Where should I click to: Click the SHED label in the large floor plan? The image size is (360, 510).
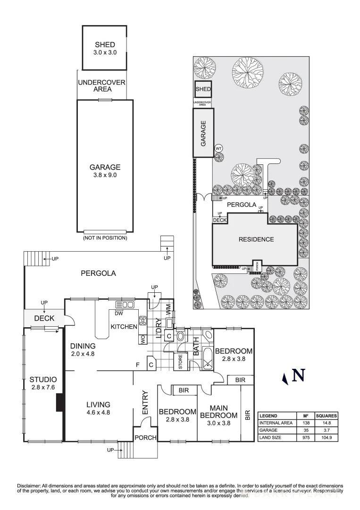pos(105,45)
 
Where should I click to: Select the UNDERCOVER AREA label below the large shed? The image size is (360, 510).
pos(101,85)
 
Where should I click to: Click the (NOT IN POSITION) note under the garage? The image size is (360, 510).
pos(105,238)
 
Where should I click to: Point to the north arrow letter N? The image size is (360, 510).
pos(298,375)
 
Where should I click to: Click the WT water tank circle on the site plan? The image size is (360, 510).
pos(218,148)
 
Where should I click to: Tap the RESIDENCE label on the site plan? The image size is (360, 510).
pos(256,239)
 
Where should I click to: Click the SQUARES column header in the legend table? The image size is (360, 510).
pos(326,416)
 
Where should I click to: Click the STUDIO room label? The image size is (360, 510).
pos(43,379)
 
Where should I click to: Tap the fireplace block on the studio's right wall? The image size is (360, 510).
pos(59,404)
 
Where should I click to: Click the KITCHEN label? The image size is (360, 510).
pos(124,327)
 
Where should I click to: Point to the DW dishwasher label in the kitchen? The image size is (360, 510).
pos(119,313)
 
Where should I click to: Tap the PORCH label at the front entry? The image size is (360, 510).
pos(145,438)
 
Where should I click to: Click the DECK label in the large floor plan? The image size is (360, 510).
pos(44,318)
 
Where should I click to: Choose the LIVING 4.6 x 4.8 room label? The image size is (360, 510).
pos(98,408)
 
